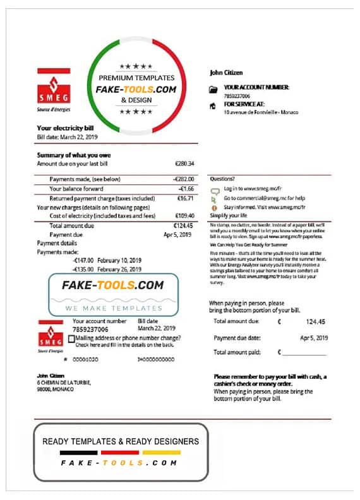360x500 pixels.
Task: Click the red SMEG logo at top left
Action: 54,88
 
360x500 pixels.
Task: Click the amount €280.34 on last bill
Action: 184,164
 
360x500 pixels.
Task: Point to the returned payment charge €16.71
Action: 184,198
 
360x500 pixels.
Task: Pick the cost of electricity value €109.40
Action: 183,215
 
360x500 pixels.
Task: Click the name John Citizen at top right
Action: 225,73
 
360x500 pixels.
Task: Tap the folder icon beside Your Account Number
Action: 213,90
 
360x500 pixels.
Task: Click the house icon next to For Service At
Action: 213,105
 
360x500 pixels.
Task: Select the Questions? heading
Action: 222,179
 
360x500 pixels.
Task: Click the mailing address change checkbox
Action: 71,338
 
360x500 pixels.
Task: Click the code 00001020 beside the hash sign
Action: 86,359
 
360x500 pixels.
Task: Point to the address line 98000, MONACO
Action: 55,390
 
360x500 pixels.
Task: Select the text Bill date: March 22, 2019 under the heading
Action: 67,136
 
